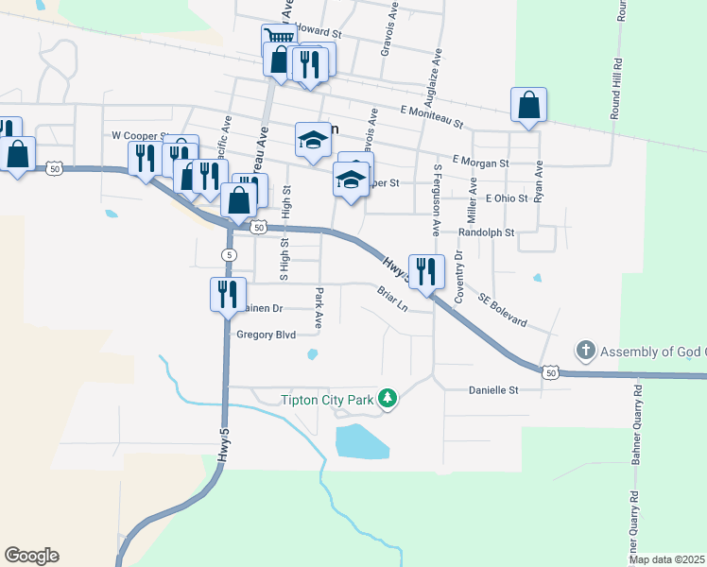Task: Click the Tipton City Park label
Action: (x=328, y=400)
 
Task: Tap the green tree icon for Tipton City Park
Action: (x=387, y=400)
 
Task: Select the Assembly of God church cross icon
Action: (x=586, y=352)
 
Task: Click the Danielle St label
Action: (x=494, y=389)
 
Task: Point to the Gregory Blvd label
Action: (x=266, y=335)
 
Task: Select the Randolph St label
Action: (x=486, y=232)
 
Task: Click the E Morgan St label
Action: (x=481, y=163)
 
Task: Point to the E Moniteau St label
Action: (x=431, y=117)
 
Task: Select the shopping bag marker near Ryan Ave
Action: (x=529, y=106)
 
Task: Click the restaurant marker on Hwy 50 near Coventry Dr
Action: (x=425, y=272)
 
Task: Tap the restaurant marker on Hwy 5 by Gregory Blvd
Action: (x=227, y=295)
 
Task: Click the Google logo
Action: (x=31, y=556)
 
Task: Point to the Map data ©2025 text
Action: (x=667, y=559)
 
